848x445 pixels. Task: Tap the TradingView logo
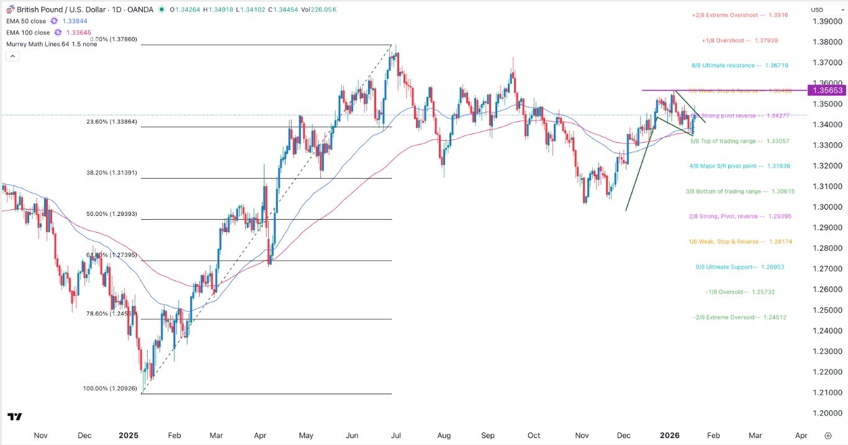pos(15,416)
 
